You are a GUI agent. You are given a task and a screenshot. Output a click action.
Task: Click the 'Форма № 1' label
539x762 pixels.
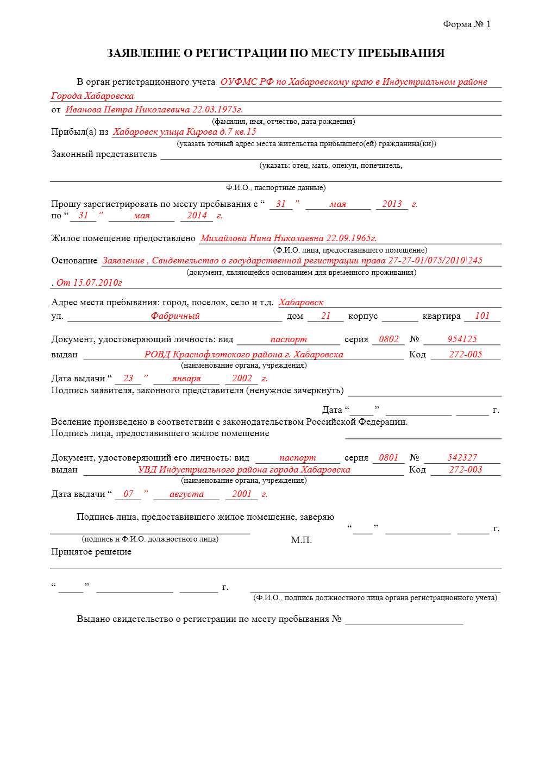click(466, 24)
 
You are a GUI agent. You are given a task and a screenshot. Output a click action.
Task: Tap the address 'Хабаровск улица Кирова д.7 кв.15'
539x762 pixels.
click(185, 132)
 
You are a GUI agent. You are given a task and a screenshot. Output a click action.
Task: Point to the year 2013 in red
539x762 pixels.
click(392, 204)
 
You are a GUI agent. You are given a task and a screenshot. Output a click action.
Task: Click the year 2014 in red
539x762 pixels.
click(197, 216)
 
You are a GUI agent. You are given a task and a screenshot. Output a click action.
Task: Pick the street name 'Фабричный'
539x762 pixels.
click(175, 316)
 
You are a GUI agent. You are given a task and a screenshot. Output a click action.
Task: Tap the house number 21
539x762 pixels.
click(325, 316)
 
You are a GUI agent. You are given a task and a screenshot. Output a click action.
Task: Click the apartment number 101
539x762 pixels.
click(482, 316)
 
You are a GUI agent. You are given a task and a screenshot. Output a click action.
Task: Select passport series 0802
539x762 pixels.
click(388, 339)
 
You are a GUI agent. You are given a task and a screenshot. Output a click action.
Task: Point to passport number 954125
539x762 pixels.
click(462, 339)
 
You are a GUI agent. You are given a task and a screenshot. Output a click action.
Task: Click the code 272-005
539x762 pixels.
click(466, 355)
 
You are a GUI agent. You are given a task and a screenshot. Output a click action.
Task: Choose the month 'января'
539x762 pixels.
click(186, 379)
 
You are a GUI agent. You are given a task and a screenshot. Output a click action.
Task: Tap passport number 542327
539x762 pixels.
click(462, 458)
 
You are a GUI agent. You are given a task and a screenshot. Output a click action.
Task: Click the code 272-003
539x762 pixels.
click(466, 470)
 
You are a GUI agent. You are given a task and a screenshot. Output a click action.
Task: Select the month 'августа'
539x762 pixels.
click(186, 494)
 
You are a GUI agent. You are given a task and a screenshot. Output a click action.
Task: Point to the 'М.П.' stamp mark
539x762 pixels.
click(301, 540)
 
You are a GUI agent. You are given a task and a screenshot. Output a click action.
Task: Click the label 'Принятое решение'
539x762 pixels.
click(91, 552)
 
